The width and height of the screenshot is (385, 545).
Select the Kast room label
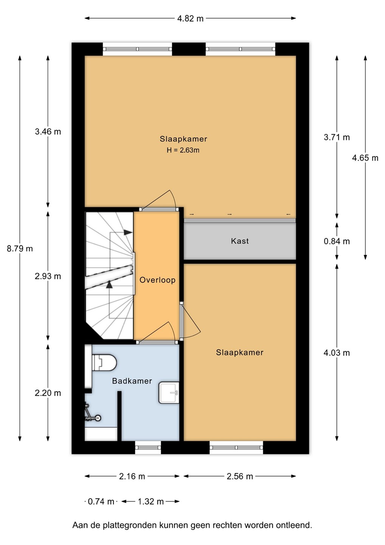pyautogui.click(x=240, y=241)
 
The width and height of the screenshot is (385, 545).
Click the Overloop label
pyautogui.click(x=157, y=280)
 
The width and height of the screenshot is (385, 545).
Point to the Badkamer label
pyautogui.click(x=132, y=381)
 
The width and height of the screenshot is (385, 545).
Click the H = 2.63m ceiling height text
pyautogui.click(x=183, y=150)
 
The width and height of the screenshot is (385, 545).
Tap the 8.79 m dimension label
pyautogui.click(x=20, y=249)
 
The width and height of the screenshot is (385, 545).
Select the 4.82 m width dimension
pyautogui.click(x=190, y=19)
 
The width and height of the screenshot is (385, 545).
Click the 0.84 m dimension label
pyautogui.click(x=337, y=241)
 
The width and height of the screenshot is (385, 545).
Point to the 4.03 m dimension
pyautogui.click(x=337, y=353)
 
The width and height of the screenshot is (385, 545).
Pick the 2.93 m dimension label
pyautogui.click(x=48, y=276)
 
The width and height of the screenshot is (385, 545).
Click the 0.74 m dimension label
pyautogui.click(x=101, y=501)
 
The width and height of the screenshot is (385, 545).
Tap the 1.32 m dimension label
pyautogui.click(x=151, y=501)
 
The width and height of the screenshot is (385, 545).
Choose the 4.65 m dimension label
pyautogui.click(x=365, y=158)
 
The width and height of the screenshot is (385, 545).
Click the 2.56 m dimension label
pyautogui.click(x=240, y=476)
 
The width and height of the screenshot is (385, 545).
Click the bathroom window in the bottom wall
pyautogui.click(x=148, y=447)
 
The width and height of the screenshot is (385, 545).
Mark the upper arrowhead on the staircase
pyautogui.click(x=128, y=232)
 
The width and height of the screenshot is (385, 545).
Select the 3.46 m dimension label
pyautogui.click(x=48, y=132)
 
